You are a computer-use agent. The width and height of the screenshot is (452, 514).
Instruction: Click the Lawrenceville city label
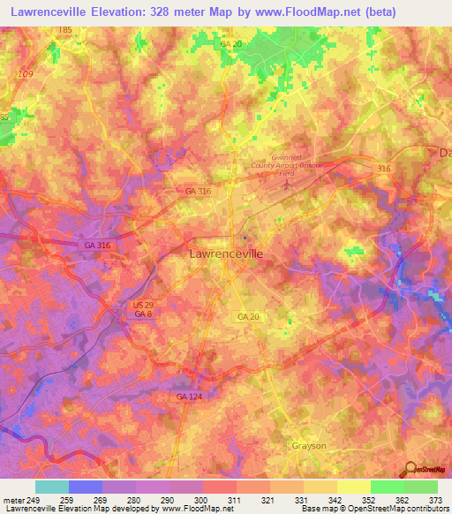(x=226, y=253)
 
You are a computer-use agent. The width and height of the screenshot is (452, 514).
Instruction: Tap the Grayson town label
(x=308, y=446)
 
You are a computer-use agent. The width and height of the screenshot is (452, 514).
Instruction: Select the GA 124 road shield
(x=187, y=397)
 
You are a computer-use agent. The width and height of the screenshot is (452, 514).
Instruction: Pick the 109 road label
(x=25, y=74)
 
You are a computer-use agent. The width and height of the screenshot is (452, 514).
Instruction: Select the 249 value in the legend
(x=34, y=501)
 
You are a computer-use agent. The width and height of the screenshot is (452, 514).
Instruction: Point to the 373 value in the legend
(x=436, y=501)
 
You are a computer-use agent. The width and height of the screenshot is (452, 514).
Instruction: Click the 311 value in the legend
(x=236, y=501)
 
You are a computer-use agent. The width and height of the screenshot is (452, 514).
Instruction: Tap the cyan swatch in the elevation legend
(x=51, y=487)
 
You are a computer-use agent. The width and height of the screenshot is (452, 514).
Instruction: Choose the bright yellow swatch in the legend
(x=353, y=487)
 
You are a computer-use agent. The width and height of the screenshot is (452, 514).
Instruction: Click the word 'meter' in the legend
(x=13, y=501)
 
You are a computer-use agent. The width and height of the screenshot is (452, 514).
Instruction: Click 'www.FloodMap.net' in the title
(x=305, y=11)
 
